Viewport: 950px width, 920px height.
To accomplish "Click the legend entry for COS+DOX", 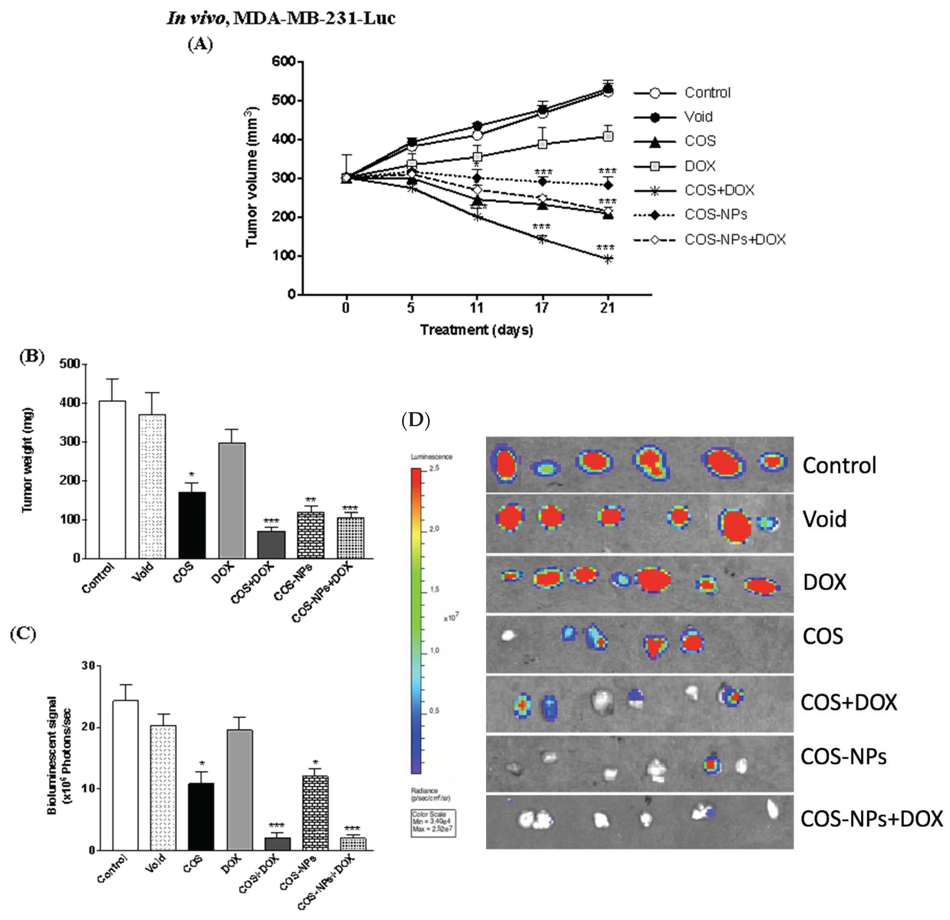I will coord(719,190).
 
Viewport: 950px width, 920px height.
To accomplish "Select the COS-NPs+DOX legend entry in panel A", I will coord(734,240).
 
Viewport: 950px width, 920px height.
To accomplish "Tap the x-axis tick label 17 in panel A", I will coord(541,307).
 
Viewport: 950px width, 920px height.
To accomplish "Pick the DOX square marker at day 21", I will coord(607,136).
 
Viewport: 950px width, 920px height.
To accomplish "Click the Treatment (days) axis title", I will coord(476,330).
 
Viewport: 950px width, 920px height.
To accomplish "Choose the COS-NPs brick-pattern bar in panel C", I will coord(315,812).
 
